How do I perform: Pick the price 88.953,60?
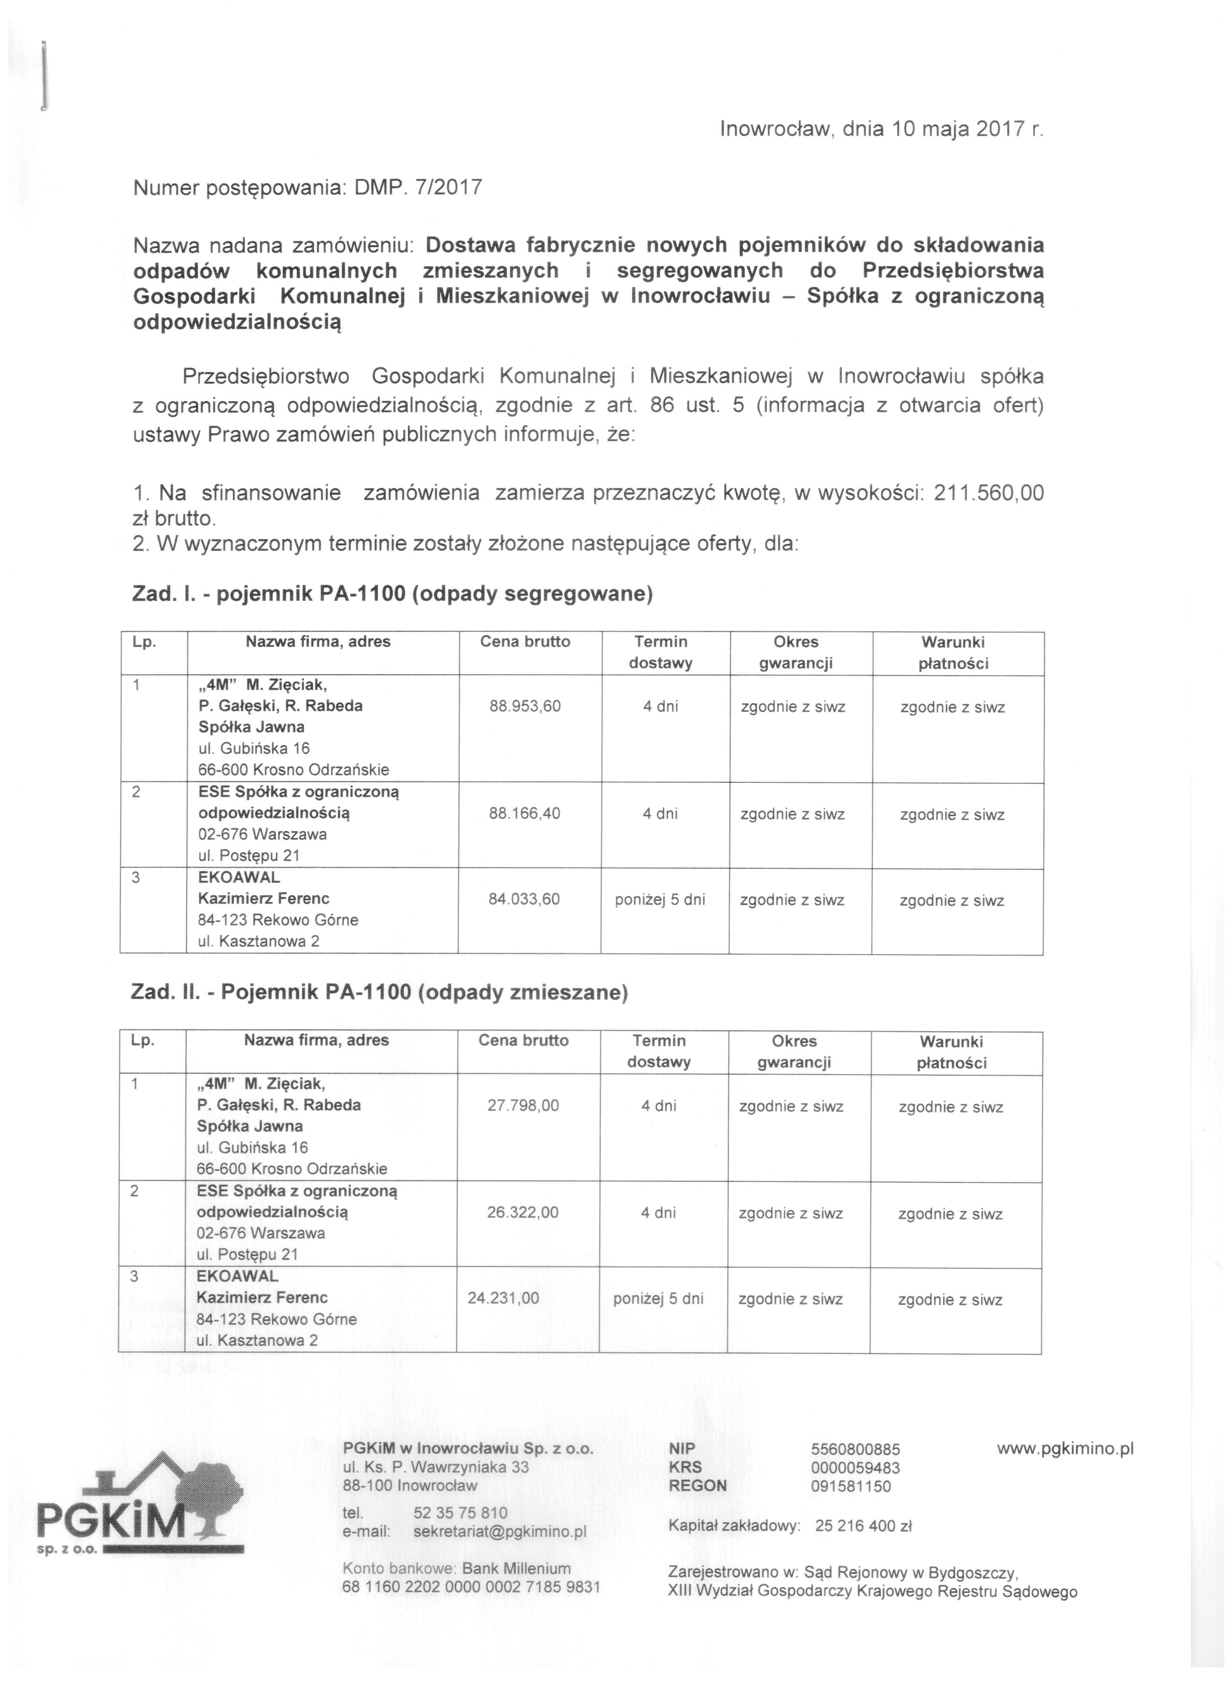(x=524, y=706)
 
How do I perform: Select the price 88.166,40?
(x=524, y=813)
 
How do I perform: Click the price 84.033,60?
(x=524, y=899)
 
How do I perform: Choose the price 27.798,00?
(x=523, y=1105)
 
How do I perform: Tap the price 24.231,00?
(x=503, y=1297)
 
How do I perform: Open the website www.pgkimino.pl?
(x=1064, y=1448)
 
